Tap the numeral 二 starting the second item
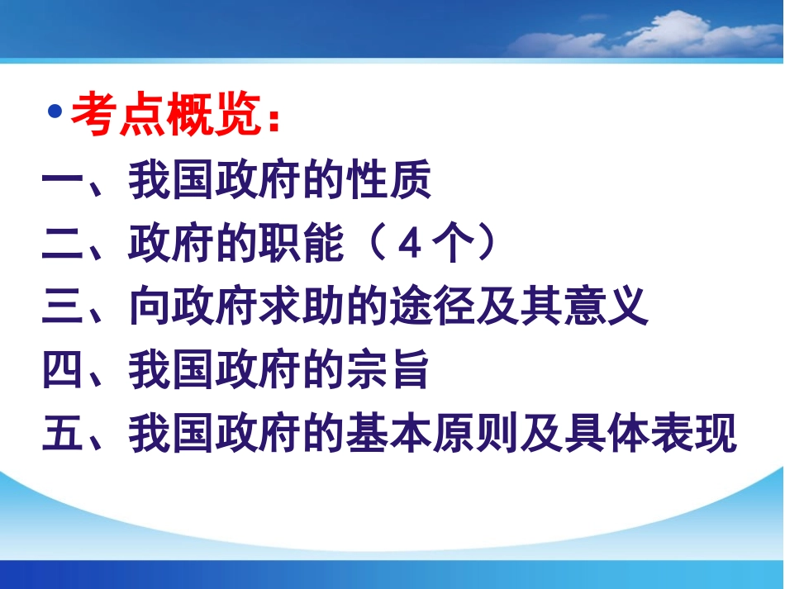(63, 245)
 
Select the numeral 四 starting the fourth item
(63, 371)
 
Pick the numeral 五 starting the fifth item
(63, 435)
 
